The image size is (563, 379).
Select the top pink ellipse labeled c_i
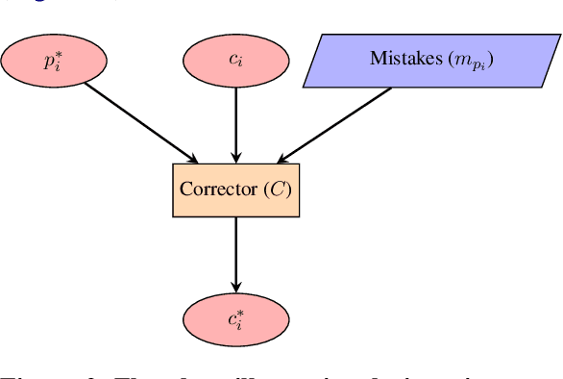coord(235,60)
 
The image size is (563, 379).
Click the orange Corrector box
coord(235,189)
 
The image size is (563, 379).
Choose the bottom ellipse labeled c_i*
coord(235,317)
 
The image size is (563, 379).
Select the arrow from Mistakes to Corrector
coord(334,123)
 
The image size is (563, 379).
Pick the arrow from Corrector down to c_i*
coord(235,252)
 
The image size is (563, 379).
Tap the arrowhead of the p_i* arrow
coord(192,158)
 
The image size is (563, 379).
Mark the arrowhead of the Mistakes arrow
coord(280,158)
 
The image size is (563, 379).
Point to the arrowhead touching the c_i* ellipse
coord(235,288)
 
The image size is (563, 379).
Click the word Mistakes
coord(403,59)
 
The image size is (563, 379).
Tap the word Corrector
coord(220,189)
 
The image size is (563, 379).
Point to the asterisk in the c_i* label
coord(240,313)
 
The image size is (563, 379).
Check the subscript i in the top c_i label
coord(240,63)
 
